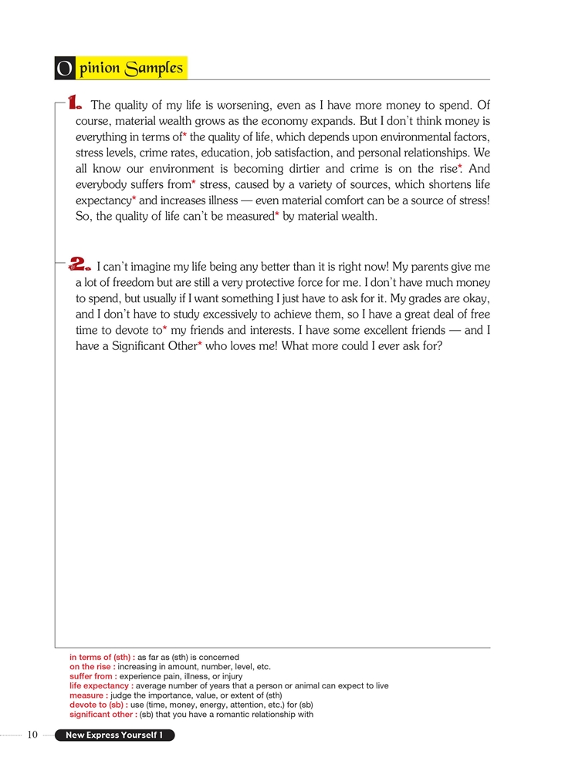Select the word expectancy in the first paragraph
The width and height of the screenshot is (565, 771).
tap(103, 200)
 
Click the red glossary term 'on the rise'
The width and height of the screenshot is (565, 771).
tap(92, 667)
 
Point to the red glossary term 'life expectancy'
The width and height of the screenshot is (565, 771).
tap(100, 685)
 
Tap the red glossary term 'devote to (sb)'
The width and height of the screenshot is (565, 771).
tap(98, 705)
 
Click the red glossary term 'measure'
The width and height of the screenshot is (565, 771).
tap(88, 695)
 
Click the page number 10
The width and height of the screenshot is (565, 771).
tap(32, 735)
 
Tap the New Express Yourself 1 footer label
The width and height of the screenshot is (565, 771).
tap(113, 736)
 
